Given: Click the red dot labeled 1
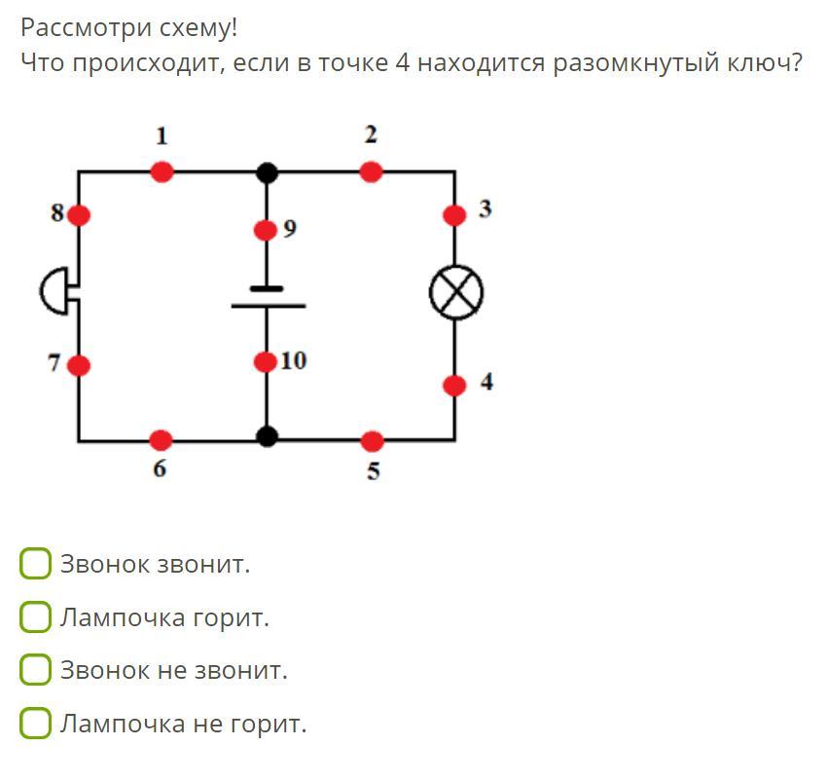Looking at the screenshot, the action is (x=162, y=172).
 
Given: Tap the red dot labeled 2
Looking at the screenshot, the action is (x=371, y=172).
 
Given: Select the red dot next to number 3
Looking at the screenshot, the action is (x=454, y=215).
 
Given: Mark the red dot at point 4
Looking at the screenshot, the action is (x=454, y=386).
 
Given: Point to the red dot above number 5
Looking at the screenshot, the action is (x=373, y=441).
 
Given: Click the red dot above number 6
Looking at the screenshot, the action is (x=161, y=440).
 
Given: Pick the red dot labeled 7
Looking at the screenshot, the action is (x=79, y=365).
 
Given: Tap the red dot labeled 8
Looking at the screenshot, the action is (x=79, y=215).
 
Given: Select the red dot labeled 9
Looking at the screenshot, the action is (x=266, y=230).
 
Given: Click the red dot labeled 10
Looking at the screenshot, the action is (x=266, y=362).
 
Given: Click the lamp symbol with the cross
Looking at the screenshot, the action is (x=456, y=292).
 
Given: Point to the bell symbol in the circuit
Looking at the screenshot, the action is (x=55, y=291).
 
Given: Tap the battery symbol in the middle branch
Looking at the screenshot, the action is (x=268, y=297).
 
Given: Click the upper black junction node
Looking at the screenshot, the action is (x=268, y=172).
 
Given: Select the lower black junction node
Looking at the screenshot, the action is (x=267, y=436).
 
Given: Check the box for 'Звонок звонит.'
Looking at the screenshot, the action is (x=35, y=563).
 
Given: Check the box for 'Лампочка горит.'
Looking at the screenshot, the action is (x=35, y=616).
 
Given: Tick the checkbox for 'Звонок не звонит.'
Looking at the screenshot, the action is (x=35, y=669).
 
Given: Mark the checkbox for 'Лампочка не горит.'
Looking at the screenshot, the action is (x=35, y=723).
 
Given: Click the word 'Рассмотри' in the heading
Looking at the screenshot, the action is (x=85, y=28).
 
